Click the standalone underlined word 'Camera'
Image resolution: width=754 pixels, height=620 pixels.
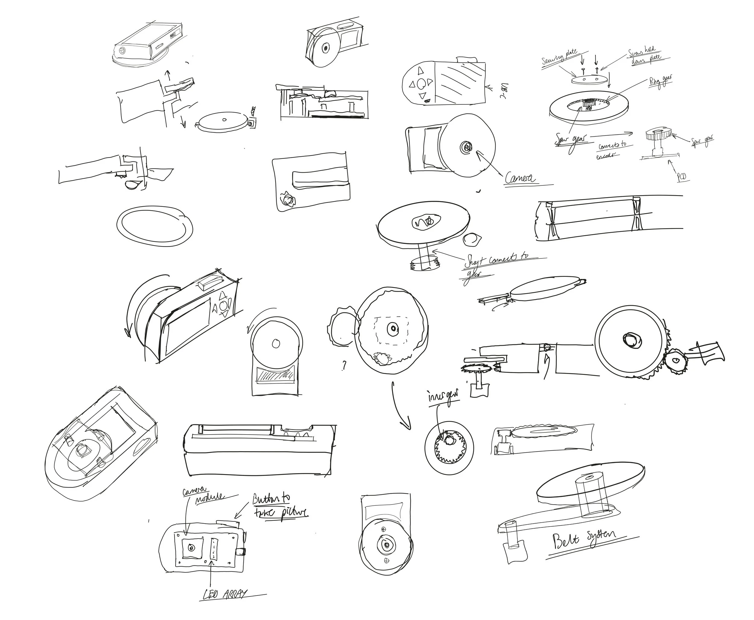click(520, 178)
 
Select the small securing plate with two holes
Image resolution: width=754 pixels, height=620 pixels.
click(590, 80)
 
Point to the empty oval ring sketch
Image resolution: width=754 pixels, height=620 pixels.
click(155, 224)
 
